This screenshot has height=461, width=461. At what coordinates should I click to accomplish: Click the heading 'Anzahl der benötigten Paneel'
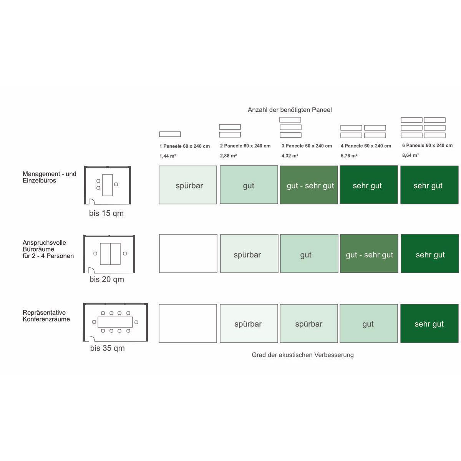(290, 110)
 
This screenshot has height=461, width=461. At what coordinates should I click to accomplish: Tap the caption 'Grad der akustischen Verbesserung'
(303, 355)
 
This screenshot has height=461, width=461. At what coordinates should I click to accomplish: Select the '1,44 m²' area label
(168, 156)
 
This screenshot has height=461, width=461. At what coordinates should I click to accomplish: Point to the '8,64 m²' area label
(410, 155)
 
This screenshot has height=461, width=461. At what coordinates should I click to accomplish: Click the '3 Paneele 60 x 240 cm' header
(307, 146)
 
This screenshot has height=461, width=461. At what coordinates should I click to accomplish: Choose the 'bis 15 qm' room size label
(106, 213)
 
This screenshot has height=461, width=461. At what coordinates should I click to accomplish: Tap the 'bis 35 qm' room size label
(108, 348)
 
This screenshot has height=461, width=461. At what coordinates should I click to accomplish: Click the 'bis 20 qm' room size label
(107, 279)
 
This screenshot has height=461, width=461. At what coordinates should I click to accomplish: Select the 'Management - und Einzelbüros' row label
(50, 177)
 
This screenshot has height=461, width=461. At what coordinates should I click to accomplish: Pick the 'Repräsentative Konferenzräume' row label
(46, 315)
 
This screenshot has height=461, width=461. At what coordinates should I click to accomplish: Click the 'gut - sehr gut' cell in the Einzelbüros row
(309, 185)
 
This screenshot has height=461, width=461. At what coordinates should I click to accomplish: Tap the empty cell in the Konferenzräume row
(188, 323)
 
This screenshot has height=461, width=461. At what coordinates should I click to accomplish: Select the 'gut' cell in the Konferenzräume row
(369, 323)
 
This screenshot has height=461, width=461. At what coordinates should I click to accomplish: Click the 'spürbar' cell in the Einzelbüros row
(188, 185)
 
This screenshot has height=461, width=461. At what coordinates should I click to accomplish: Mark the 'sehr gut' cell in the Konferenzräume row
(429, 323)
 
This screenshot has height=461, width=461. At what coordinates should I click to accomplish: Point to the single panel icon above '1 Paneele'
(170, 134)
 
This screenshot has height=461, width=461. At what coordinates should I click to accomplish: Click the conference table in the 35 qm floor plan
(115, 322)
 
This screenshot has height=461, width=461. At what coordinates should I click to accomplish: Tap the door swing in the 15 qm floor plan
(92, 201)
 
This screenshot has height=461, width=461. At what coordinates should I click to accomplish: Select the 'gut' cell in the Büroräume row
(309, 254)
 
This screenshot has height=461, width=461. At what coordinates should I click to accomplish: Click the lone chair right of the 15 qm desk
(116, 184)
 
